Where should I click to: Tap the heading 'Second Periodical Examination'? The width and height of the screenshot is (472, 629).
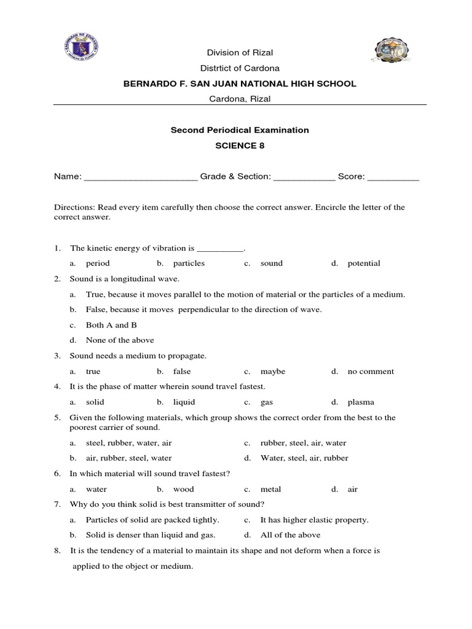[239, 130]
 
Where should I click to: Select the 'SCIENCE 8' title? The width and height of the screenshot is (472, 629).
[239, 146]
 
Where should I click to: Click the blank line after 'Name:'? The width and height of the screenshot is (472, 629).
[140, 177]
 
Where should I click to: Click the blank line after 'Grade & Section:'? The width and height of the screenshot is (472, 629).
[304, 177]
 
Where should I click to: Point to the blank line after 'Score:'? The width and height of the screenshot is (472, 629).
[393, 177]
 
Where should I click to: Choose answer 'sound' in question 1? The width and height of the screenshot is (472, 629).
[271, 264]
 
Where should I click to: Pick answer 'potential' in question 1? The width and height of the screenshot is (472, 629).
[364, 264]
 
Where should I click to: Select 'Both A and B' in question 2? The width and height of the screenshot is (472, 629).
[111, 325]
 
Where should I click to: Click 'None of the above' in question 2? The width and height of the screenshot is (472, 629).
[120, 340]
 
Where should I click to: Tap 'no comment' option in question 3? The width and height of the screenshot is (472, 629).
[371, 372]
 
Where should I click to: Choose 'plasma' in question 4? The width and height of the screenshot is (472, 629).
[361, 402]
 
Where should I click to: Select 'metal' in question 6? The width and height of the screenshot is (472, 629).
[270, 490]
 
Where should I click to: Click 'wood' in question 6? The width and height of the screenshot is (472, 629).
[183, 490]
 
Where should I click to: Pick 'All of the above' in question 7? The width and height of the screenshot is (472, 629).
[286, 535]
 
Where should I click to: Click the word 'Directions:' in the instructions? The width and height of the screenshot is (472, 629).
[74, 208]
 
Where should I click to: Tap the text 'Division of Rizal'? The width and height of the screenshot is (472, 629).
[239, 53]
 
